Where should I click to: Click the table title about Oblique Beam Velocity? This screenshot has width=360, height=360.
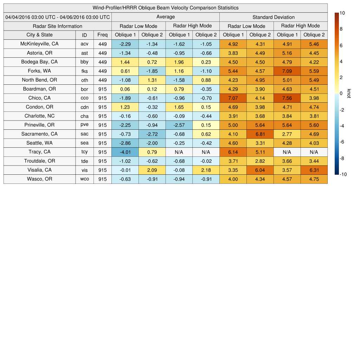[x=166, y=8]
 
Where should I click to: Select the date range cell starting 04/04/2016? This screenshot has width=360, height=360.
[x=58, y=17]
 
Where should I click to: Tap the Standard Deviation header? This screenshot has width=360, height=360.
[x=274, y=17]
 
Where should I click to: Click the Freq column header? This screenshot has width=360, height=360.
[x=103, y=35]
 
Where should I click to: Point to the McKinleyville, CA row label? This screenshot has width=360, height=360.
[x=39, y=44]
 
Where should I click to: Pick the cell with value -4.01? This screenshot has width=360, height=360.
[x=125, y=152]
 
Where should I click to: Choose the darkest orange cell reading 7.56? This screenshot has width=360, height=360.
[x=287, y=98]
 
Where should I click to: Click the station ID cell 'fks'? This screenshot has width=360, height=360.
[x=84, y=71]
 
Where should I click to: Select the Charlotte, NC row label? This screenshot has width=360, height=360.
[x=39, y=116]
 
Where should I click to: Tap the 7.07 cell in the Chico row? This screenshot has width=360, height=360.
[x=233, y=98]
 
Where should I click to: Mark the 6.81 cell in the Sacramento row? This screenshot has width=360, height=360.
[x=260, y=134]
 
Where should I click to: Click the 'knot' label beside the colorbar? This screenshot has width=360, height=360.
[x=349, y=94]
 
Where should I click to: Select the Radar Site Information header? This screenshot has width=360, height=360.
[x=58, y=26]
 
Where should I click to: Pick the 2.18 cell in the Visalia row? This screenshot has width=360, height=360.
[x=206, y=170]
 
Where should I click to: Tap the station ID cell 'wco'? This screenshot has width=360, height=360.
[x=84, y=179]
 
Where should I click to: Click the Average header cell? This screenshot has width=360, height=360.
[x=166, y=17]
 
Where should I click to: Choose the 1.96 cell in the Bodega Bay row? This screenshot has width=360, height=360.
[x=179, y=62]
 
